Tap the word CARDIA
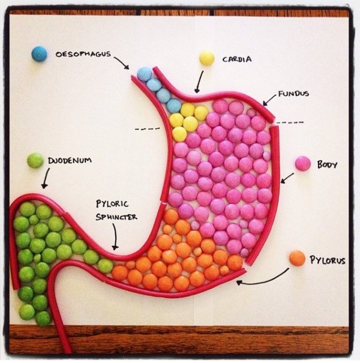pyautogui.click(x=237, y=59)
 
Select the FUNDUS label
pyautogui.click(x=293, y=94)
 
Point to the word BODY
pyautogui.click(x=327, y=164)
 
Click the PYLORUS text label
pyautogui.click(x=327, y=260)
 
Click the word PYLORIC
pyautogui.click(x=112, y=204)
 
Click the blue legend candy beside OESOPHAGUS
pyautogui.click(x=39, y=54)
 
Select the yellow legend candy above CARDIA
pyautogui.click(x=207, y=58)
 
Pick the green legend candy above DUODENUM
pyautogui.click(x=35, y=160)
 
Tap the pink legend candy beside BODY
pyautogui.click(x=303, y=163)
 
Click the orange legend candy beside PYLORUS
pyautogui.click(x=297, y=259)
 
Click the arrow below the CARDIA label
pyautogui.click(x=198, y=82)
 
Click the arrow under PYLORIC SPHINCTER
pyautogui.click(x=114, y=238)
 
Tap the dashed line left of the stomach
pyautogui.click(x=147, y=128)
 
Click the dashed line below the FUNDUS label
pyautogui.click(x=290, y=122)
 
